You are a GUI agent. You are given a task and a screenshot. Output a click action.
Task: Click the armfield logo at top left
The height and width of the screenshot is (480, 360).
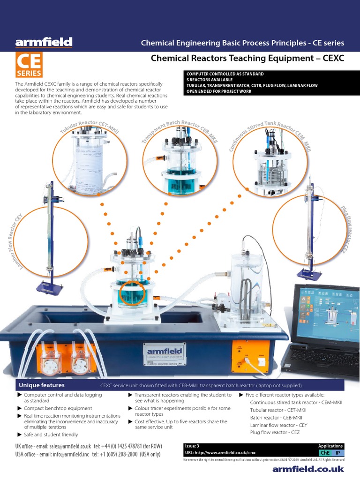coord(44,43)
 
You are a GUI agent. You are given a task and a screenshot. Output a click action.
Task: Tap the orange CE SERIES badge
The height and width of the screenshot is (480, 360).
coord(29,65)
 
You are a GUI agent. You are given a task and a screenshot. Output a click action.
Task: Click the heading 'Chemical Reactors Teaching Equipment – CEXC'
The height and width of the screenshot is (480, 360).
coord(247,58)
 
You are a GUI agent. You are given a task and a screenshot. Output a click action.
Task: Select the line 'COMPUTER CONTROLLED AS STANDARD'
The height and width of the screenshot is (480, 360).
coord(225,74)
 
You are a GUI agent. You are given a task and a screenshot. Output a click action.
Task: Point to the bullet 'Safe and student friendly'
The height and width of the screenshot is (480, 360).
coord(50,435)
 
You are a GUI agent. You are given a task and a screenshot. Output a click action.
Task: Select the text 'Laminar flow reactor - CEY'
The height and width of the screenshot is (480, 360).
coord(278,425)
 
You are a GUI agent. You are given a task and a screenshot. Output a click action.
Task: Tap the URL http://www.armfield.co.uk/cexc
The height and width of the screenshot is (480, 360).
coord(221,453)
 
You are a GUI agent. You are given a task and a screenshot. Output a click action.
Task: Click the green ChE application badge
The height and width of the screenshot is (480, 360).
coord(324,453)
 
